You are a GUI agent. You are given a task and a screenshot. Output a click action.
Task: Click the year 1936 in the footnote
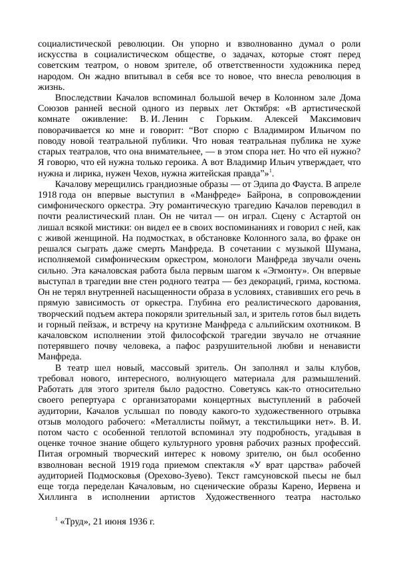point(132,520)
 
